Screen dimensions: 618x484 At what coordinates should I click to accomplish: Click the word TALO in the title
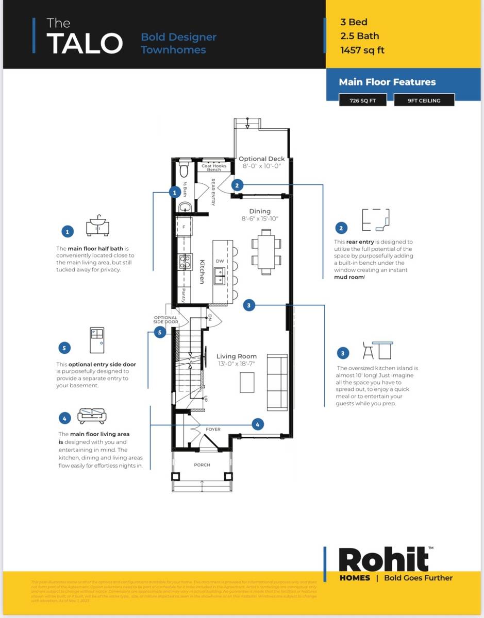[x=85, y=43]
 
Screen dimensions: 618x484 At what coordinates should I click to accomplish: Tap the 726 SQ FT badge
[x=363, y=100]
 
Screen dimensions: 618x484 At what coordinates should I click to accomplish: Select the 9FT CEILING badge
[x=424, y=100]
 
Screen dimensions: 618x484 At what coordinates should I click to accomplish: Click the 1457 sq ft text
[x=362, y=50]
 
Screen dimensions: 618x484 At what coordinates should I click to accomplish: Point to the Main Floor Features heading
[x=387, y=82]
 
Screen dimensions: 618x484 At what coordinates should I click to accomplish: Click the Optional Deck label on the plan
[x=261, y=159]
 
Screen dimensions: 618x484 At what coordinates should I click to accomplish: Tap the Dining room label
[x=260, y=211]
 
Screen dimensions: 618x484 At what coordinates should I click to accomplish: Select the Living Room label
[x=237, y=356]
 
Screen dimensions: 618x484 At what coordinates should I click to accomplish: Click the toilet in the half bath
[x=184, y=170]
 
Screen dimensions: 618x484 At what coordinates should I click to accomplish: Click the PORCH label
[x=202, y=465]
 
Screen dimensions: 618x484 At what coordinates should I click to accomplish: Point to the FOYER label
[x=213, y=429]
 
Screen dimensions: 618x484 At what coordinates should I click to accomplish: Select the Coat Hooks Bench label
[x=213, y=168]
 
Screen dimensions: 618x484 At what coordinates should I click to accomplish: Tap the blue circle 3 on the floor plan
[x=249, y=305]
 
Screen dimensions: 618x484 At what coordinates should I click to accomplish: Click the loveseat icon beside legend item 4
[x=92, y=416]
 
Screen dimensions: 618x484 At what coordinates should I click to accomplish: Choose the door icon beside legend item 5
[x=97, y=340]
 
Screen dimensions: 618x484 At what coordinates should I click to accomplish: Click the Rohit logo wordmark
[x=384, y=560]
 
